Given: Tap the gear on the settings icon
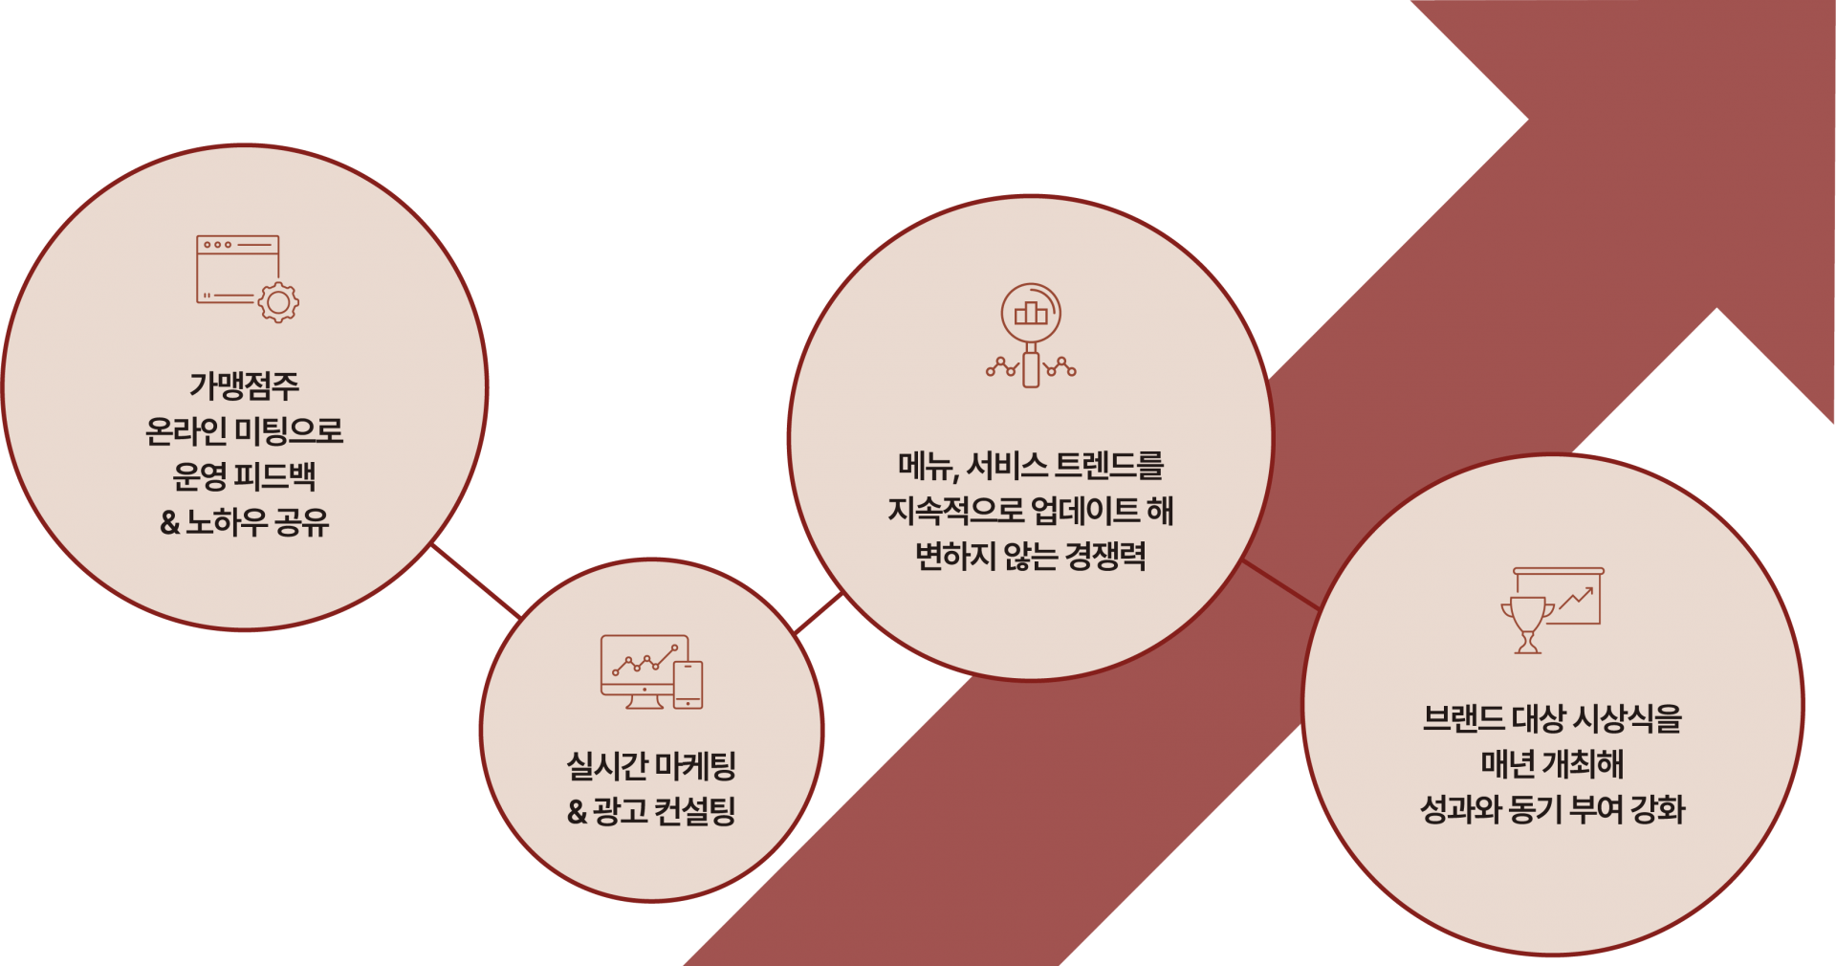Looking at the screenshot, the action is [x=278, y=302].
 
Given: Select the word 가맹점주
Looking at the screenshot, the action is [x=245, y=386].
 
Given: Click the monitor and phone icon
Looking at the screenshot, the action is [x=651, y=672].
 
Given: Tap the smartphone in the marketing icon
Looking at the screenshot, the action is [x=688, y=685].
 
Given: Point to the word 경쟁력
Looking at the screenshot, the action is [x=1105, y=556].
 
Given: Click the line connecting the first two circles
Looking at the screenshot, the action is [x=476, y=582].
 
